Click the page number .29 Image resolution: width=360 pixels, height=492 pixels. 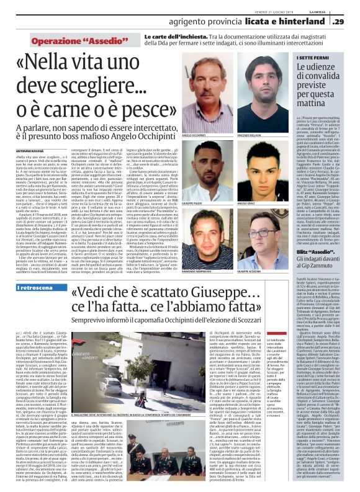[349, 22]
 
